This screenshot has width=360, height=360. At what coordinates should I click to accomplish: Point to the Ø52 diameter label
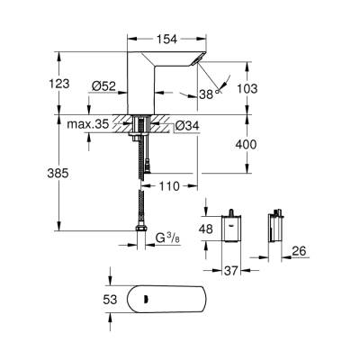point(104,87)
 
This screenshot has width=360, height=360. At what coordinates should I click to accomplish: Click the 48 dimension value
point(206,229)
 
